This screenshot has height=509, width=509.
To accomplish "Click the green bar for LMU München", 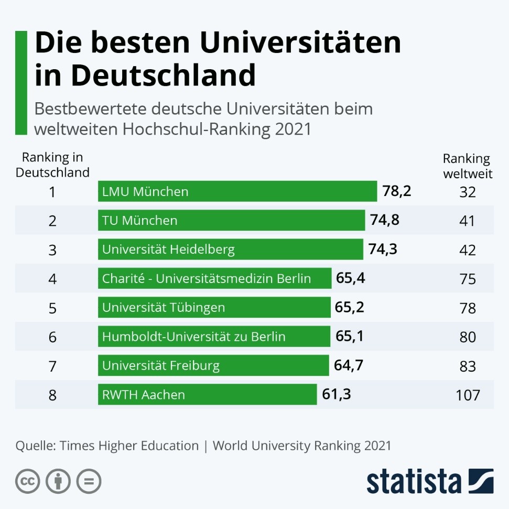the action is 237,191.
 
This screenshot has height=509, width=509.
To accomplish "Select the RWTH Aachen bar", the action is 207,394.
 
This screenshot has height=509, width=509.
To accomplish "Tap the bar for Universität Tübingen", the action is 214,307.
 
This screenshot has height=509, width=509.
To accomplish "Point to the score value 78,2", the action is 397,191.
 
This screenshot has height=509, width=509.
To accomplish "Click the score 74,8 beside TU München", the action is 385,220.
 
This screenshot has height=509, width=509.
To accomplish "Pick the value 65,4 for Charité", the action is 351,278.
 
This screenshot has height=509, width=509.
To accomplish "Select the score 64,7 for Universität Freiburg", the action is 348,365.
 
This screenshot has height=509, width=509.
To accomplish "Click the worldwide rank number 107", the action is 468,395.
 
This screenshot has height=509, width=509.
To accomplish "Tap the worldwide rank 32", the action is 468,192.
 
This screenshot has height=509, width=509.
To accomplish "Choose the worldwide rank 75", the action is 468,279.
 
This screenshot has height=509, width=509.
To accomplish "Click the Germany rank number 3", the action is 52,250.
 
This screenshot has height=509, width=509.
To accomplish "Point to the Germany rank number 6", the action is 52,337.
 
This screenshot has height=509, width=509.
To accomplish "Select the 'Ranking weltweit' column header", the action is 468,166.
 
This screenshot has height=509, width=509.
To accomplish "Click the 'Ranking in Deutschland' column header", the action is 52,165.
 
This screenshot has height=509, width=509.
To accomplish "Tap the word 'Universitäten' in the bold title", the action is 300,42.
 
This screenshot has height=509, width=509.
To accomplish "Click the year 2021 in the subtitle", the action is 293,129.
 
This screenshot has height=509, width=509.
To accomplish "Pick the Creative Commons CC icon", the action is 28,481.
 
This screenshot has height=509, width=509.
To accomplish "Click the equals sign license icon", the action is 89,481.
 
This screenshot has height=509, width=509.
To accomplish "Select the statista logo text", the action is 414,481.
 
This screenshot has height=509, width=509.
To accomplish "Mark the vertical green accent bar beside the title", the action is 21,83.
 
